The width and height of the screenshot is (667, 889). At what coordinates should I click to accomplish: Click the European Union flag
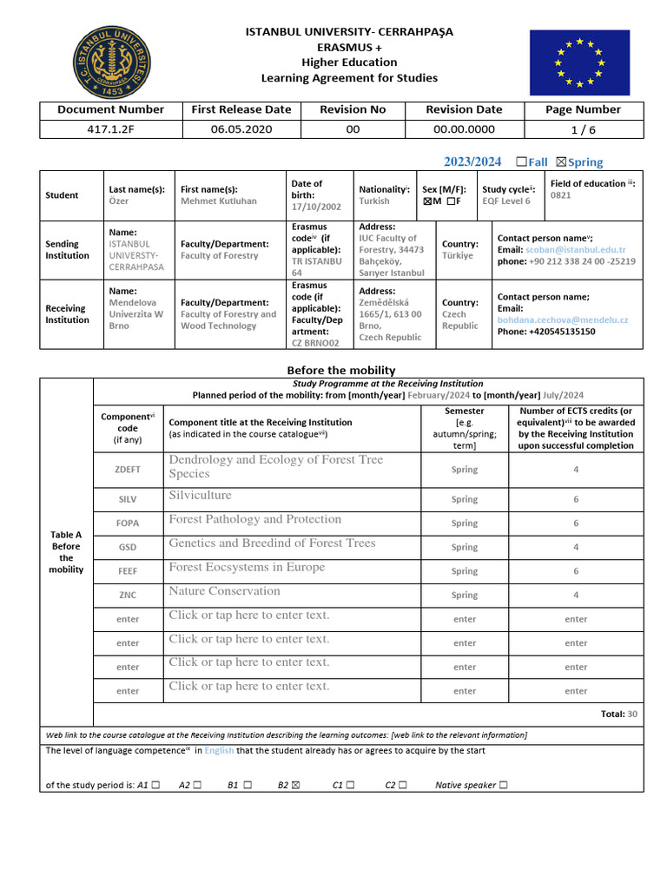pos(579,62)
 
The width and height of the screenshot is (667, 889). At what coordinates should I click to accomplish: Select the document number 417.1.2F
pos(110,129)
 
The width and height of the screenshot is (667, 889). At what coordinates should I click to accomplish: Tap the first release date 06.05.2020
pos(241,129)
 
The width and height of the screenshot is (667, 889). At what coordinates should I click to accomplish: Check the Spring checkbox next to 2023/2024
pos(560,161)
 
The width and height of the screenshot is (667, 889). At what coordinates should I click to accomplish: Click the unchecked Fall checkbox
pos(521,161)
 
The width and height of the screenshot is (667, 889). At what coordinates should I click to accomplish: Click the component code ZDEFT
pos(128,470)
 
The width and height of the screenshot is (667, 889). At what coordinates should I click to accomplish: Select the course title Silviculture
pos(201,496)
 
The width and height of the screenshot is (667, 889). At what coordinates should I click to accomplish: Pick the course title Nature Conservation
pos(225,591)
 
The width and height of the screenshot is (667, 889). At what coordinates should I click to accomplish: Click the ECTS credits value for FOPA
pos(576,524)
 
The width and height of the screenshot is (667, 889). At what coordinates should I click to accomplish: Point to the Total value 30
pos(632,714)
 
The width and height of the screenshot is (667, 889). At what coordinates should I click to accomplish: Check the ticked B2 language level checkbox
pos(296,786)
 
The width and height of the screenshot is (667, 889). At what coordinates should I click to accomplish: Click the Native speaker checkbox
pos(504,786)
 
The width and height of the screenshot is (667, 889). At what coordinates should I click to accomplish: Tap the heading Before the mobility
pos(341,370)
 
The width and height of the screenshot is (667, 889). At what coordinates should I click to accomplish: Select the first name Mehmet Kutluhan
pos(219,201)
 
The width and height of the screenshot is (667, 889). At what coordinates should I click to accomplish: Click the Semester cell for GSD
pos(465,547)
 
